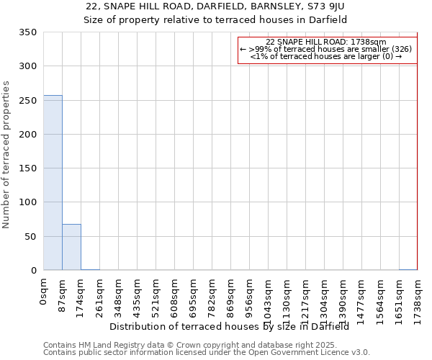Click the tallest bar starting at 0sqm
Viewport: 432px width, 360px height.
53,183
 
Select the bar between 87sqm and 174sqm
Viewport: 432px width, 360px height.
71,247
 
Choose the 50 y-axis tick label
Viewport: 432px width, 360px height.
30,237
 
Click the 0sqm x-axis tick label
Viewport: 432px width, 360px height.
44,292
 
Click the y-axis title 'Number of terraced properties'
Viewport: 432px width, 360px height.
6,155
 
